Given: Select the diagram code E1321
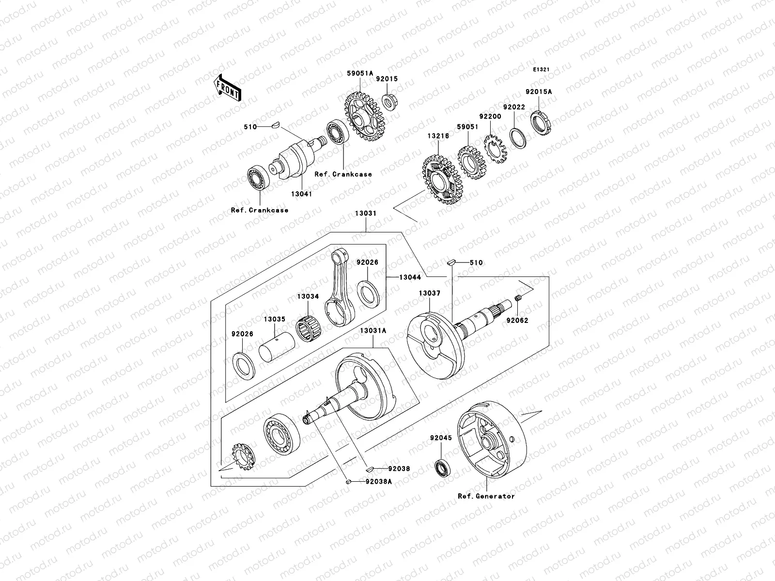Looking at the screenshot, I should tap(541, 70).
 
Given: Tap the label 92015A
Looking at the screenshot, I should tap(539, 91).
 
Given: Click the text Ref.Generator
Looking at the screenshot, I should tap(486, 496).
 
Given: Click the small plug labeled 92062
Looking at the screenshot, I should tap(517, 304).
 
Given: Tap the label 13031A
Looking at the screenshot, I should tap(372, 330).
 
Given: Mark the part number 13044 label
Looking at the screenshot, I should tap(410, 277).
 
